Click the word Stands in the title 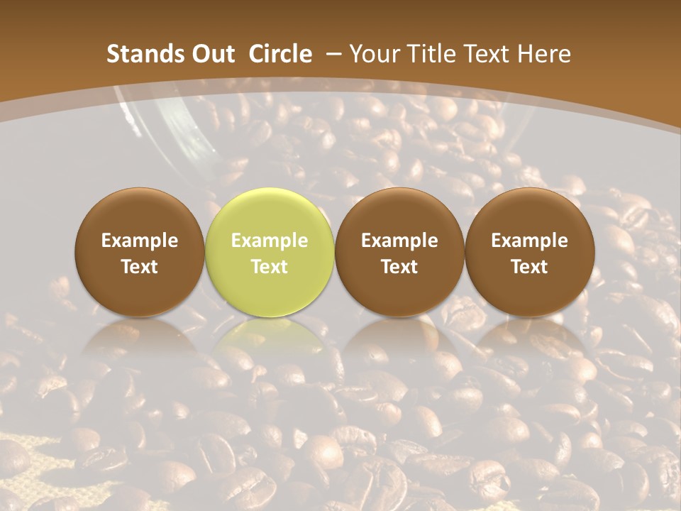tap(141, 54)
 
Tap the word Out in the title tap(211, 54)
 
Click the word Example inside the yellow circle tap(270, 241)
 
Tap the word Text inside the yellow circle tap(270, 267)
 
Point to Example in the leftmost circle tap(140, 241)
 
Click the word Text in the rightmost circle tap(529, 267)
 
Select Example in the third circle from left tap(399, 241)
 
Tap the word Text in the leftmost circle tap(140, 267)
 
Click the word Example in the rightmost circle tap(529, 241)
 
